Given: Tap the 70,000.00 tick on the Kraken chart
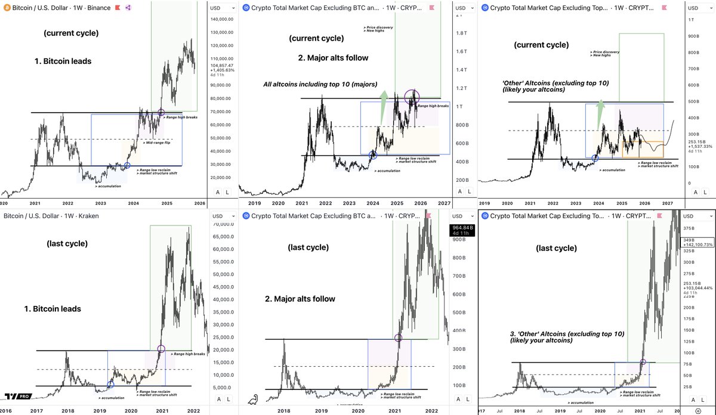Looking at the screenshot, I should [x=222, y=224].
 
